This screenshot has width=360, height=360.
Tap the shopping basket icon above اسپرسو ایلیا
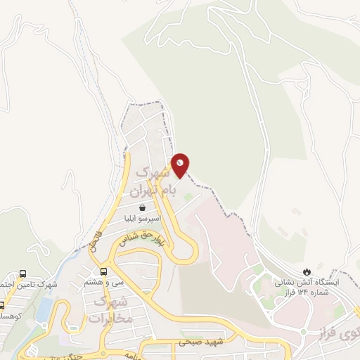[143, 207]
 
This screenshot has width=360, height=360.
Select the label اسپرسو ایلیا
[143, 219]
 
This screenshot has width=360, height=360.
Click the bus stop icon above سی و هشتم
[104, 271]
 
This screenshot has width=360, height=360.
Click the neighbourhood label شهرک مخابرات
[110, 310]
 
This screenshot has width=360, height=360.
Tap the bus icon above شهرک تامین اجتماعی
[23, 274]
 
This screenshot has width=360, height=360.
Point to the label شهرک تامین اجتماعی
[29, 285]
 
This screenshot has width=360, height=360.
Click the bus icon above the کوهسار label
[1, 305]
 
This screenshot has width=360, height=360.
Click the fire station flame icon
[307, 271]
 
